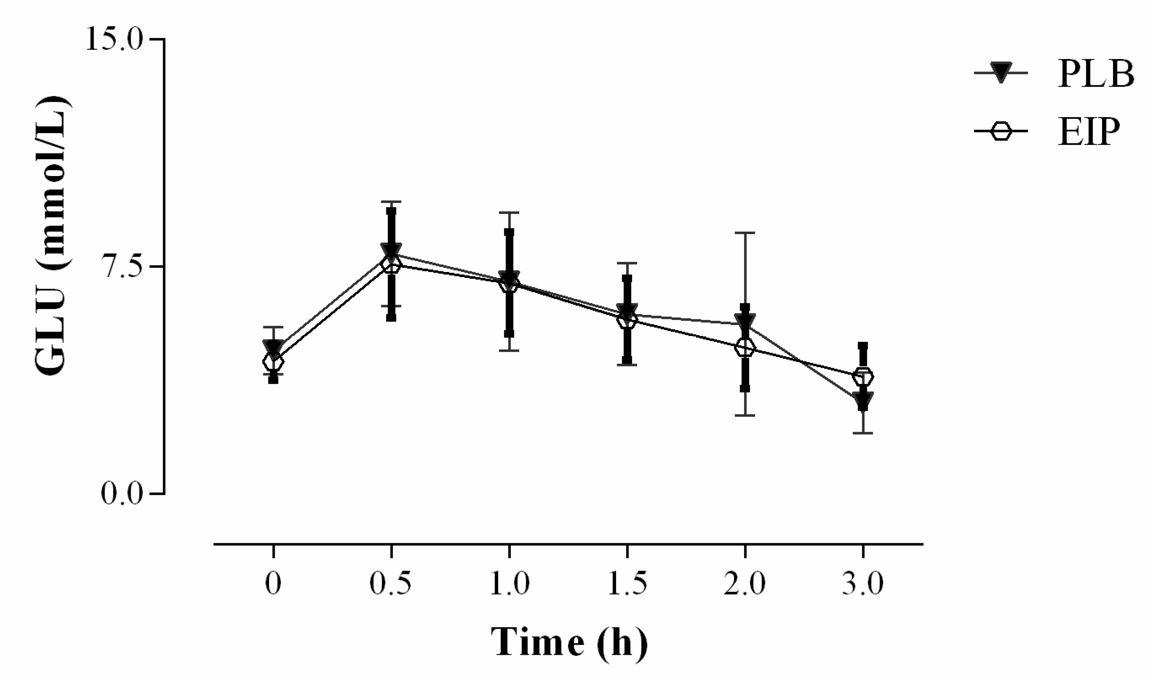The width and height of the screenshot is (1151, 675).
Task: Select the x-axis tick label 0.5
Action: point(390,584)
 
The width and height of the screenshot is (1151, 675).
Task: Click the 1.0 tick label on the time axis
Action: point(509,584)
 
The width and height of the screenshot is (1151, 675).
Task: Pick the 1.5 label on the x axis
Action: point(627,584)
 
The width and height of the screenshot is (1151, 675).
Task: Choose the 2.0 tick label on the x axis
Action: point(745,584)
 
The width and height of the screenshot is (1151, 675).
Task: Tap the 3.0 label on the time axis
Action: point(863,584)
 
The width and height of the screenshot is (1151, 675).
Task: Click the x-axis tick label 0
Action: point(273,584)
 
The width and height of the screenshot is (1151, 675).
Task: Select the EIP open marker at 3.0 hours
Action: point(863,377)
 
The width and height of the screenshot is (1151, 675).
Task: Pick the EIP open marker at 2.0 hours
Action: point(745,347)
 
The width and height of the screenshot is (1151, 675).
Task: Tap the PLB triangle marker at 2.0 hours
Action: point(745,321)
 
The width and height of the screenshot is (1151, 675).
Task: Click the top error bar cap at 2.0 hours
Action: point(745,233)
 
